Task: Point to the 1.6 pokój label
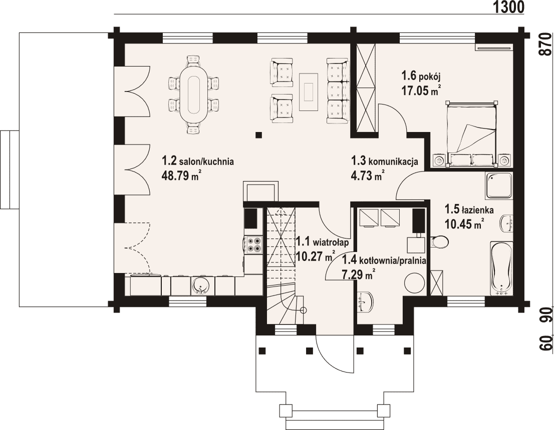420,75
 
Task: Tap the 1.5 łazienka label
469,210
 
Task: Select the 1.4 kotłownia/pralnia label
384,260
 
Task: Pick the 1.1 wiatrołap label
322,242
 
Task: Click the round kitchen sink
201,285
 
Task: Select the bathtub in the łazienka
501,268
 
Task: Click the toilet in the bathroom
439,242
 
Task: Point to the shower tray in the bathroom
498,185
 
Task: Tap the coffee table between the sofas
309,91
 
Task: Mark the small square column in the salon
259,134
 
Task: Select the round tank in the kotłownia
414,282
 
